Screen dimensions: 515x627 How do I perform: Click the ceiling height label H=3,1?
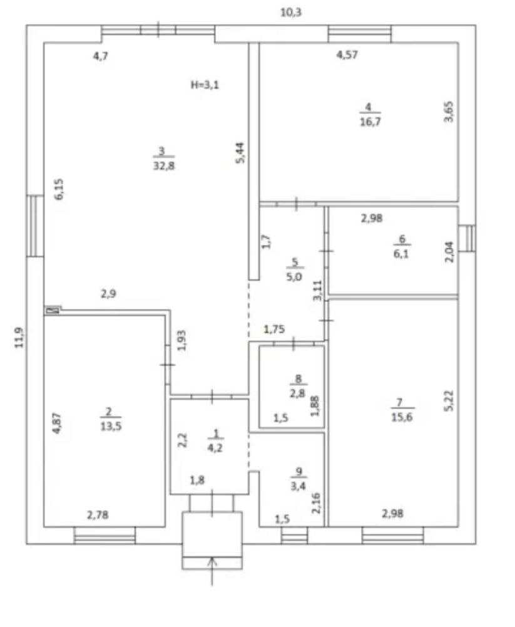[x=205, y=85]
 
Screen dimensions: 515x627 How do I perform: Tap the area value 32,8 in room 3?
[x=164, y=165]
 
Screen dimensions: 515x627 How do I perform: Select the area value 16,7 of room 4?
[x=370, y=121]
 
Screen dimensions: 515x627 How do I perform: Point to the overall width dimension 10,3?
[x=291, y=13]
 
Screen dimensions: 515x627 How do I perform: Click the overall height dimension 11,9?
[x=19, y=338]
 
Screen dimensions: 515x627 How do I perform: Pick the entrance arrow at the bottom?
[x=212, y=571]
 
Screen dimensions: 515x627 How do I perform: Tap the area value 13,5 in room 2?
[x=111, y=427]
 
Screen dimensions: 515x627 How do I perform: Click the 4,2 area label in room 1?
[x=215, y=448]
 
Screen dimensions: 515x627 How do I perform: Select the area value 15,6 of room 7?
[x=402, y=417]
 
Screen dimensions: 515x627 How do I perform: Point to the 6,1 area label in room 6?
[x=401, y=254]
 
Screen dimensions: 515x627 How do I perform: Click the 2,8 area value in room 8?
[x=297, y=393]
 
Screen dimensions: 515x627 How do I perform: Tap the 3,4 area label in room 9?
[x=298, y=486]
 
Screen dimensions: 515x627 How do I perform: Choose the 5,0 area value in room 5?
[x=294, y=277]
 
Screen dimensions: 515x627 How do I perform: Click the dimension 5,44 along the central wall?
[x=242, y=153]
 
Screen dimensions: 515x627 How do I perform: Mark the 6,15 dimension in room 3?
[x=59, y=189]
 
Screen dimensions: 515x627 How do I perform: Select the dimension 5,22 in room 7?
[x=449, y=400]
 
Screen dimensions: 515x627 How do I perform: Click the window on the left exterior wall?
[x=35, y=225]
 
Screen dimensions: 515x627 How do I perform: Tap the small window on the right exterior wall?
[x=467, y=238]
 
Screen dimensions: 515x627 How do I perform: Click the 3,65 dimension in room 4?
[x=449, y=111]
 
